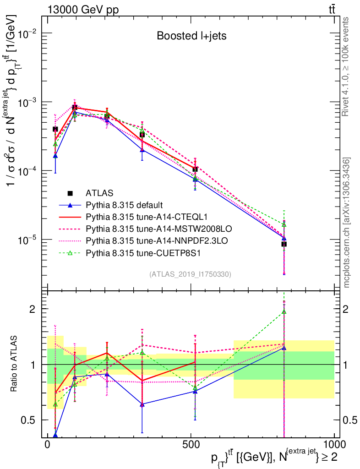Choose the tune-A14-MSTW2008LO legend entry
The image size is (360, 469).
tap(147, 228)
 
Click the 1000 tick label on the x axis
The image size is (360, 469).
tap(333, 446)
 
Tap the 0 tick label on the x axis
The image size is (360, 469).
tap(48, 446)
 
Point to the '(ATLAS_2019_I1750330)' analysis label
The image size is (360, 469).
tap(190, 274)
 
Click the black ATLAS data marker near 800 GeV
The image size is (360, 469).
tap(284, 244)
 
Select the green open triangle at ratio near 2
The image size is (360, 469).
tap(284, 312)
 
